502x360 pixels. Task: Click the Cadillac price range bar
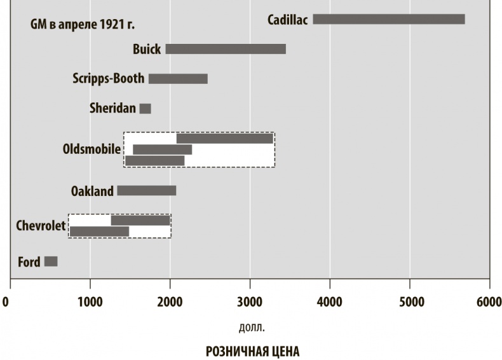[388, 19]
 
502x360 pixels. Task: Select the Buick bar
[226, 49]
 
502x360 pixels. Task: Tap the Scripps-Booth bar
[178, 79]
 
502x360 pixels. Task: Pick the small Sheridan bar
[145, 109]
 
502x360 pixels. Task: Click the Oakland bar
[147, 191]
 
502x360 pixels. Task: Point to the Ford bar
[51, 261]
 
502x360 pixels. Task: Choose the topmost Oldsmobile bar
[225, 139]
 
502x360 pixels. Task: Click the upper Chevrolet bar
[140, 221]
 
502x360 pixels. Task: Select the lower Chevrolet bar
[99, 232]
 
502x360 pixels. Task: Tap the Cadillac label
[287, 20]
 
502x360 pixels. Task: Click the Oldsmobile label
[92, 149]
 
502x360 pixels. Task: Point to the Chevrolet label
[41, 226]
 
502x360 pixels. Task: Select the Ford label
[29, 262]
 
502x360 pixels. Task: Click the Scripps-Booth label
[109, 79]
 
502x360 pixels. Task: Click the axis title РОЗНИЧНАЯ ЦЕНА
[252, 351]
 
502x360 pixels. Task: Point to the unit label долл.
[252, 328]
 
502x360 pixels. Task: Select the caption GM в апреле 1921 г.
[83, 25]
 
